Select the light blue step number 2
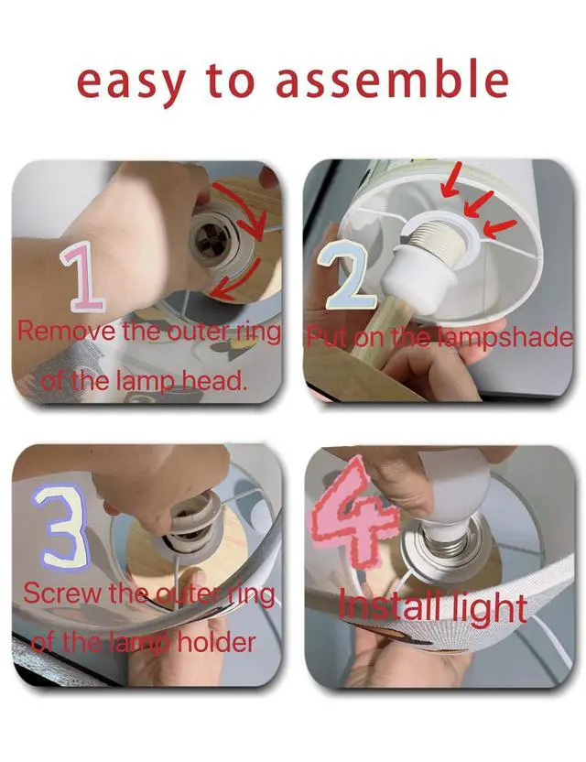pos(347,275)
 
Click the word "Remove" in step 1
pos(66,332)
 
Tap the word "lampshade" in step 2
pos(505,337)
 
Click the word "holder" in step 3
pos(215,641)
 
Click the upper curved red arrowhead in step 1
pos(256,228)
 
